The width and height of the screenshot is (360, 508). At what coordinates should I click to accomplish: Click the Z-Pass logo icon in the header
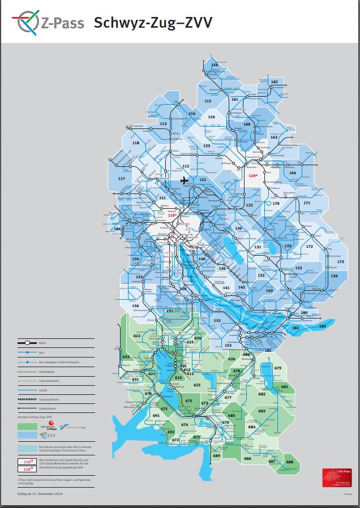[28, 23]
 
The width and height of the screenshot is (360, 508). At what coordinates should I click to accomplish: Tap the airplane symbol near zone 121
[185, 180]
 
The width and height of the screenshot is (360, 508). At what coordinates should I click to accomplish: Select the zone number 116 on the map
[214, 66]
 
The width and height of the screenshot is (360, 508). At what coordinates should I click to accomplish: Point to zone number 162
[275, 83]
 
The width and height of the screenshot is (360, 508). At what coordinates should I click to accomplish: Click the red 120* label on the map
[253, 176]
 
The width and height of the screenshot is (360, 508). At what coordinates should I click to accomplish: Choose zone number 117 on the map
[121, 179]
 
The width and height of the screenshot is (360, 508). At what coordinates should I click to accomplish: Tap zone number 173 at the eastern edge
[340, 262]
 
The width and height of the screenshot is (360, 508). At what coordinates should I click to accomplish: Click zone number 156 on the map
[135, 305]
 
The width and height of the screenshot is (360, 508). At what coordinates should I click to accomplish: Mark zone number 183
[323, 326]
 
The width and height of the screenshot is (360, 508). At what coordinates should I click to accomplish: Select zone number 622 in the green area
[137, 336]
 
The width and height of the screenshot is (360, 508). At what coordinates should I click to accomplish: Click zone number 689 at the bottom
[216, 456]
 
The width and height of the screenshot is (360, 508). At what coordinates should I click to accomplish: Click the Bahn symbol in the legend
[27, 343]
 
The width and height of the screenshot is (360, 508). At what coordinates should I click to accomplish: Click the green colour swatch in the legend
[27, 425]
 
